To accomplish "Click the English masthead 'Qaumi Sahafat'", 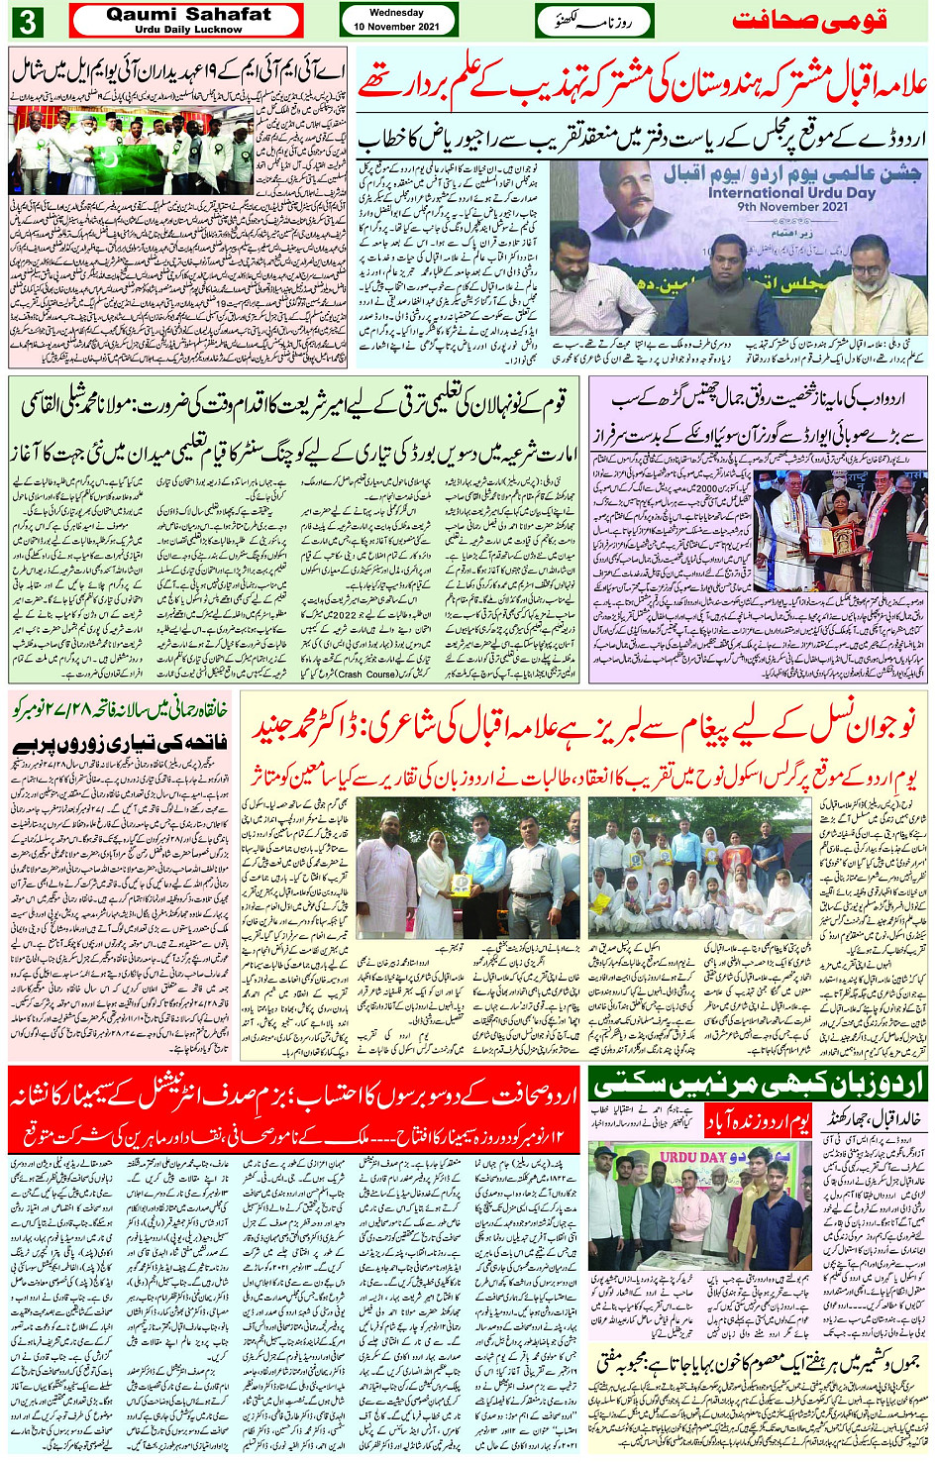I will (x=188, y=14).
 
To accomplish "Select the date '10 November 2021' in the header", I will (x=397, y=27).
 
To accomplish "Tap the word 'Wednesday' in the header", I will (x=396, y=13).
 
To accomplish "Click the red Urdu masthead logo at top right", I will (x=808, y=21).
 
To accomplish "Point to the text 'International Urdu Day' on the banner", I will (x=791, y=193).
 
